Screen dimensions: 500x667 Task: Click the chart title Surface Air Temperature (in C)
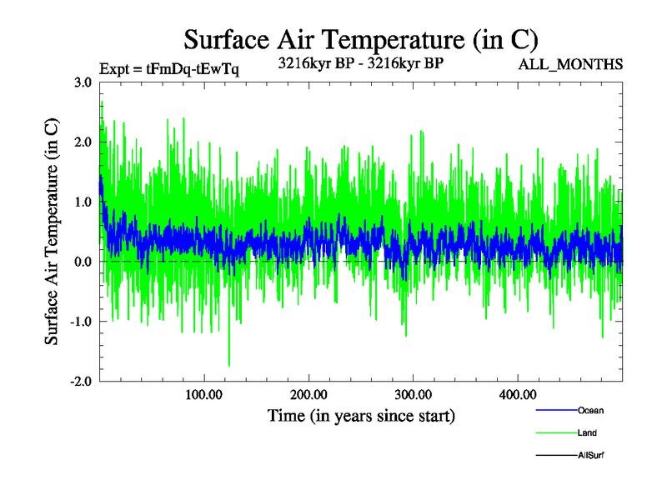(360, 39)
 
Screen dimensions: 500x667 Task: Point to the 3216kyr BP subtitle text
(360, 63)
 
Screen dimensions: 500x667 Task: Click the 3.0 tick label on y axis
(83, 82)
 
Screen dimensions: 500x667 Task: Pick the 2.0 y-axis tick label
(83, 142)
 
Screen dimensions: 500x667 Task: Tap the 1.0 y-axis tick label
(83, 202)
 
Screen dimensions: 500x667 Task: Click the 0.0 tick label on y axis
(83, 262)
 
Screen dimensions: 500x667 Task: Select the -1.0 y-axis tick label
(80, 322)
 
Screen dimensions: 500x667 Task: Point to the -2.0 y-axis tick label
(80, 382)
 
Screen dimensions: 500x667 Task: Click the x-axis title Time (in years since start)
(361, 415)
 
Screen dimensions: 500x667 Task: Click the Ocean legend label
(590, 411)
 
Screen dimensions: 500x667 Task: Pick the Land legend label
(587, 433)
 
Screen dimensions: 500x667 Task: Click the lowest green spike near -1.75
(228, 365)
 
